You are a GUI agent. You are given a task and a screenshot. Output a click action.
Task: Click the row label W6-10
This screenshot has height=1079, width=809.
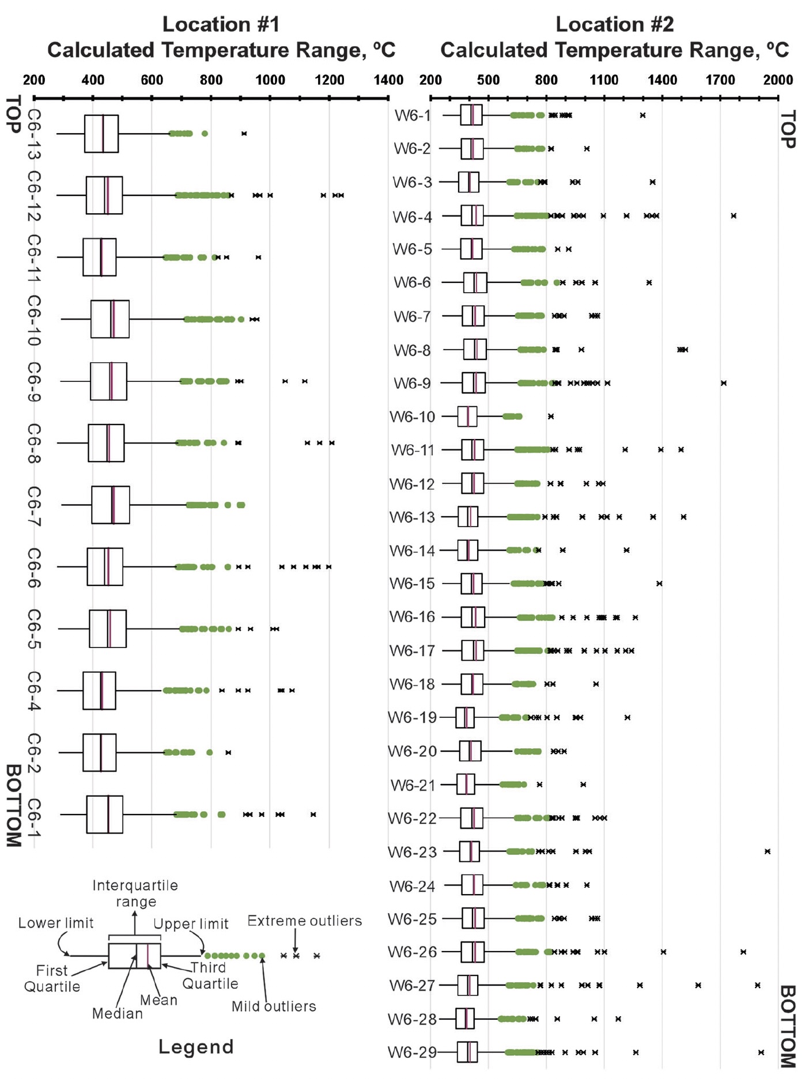tap(412, 417)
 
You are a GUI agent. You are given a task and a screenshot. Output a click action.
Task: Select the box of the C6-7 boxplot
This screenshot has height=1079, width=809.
tap(111, 505)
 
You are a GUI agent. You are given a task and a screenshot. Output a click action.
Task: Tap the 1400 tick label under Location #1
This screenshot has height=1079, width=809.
tap(388, 79)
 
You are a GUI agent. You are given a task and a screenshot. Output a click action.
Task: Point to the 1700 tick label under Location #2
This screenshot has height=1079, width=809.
tap(720, 79)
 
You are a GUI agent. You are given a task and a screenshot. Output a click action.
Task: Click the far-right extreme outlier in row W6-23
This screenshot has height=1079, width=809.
tap(768, 851)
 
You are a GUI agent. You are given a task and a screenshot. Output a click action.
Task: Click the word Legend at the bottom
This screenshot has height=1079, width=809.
tap(196, 1047)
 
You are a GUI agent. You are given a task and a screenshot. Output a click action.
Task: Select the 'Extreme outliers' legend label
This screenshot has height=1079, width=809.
tap(304, 921)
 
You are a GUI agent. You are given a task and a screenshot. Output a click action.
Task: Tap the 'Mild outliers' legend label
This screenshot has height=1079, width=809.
tap(274, 1006)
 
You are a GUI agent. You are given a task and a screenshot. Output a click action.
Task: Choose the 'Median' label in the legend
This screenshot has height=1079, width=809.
tap(117, 1013)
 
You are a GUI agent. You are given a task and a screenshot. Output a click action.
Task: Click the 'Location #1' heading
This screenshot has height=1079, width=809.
tap(221, 24)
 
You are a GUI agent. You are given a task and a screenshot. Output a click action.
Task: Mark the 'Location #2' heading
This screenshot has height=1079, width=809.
tap(614, 24)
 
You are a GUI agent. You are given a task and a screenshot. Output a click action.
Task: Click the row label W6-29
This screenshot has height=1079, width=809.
tap(412, 1053)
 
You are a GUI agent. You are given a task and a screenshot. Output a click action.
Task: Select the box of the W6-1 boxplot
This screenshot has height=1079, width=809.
tap(471, 115)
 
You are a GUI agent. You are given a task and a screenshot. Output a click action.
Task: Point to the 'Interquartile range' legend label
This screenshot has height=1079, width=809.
tap(135, 894)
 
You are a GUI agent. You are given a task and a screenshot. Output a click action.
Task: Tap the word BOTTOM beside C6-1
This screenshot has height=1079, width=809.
tap(13, 805)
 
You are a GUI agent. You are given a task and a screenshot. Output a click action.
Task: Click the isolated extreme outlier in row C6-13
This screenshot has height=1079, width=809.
tap(244, 134)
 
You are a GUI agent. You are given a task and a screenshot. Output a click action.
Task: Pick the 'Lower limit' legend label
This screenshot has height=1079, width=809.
tap(56, 923)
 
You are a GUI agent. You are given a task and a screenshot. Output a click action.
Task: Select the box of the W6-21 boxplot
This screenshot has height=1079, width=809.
tap(466, 784)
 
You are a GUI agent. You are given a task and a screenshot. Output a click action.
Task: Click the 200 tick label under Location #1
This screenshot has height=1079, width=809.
tap(34, 79)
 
